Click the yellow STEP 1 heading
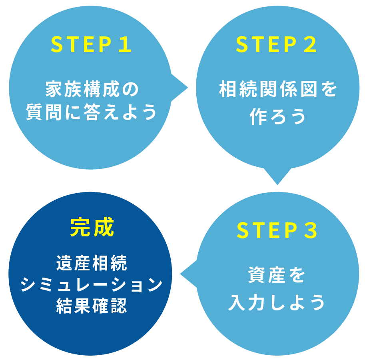pyautogui.click(x=91, y=45)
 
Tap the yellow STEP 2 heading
pyautogui.click(x=276, y=45)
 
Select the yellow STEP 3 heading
pyautogui.click(x=277, y=230)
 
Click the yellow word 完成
pyautogui.click(x=92, y=228)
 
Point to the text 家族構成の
pyautogui.click(x=92, y=90)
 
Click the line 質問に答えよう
pyautogui.click(x=91, y=112)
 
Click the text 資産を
pyautogui.click(x=277, y=276)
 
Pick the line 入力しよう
pyautogui.click(x=277, y=303)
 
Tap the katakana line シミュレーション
pyautogui.click(x=92, y=286)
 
